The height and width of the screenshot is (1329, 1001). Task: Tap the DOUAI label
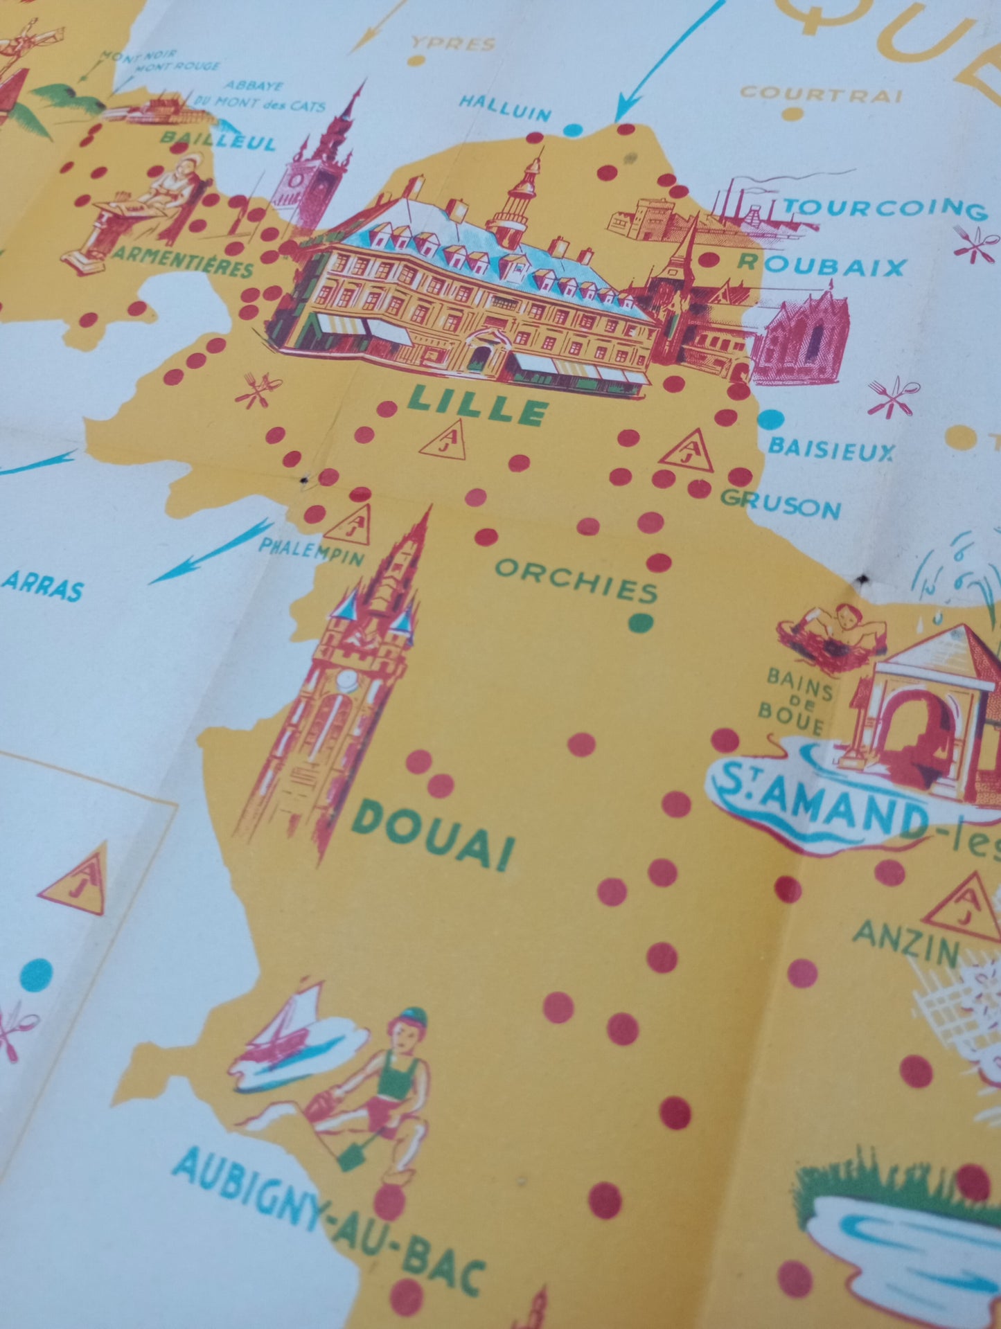point(434,835)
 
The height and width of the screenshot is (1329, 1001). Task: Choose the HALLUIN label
point(505,108)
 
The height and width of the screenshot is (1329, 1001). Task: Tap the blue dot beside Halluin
point(573,129)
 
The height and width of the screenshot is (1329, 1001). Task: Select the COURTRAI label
point(822,93)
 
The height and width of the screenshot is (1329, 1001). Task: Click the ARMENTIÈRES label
point(183,262)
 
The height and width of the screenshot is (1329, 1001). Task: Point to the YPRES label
point(454,44)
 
